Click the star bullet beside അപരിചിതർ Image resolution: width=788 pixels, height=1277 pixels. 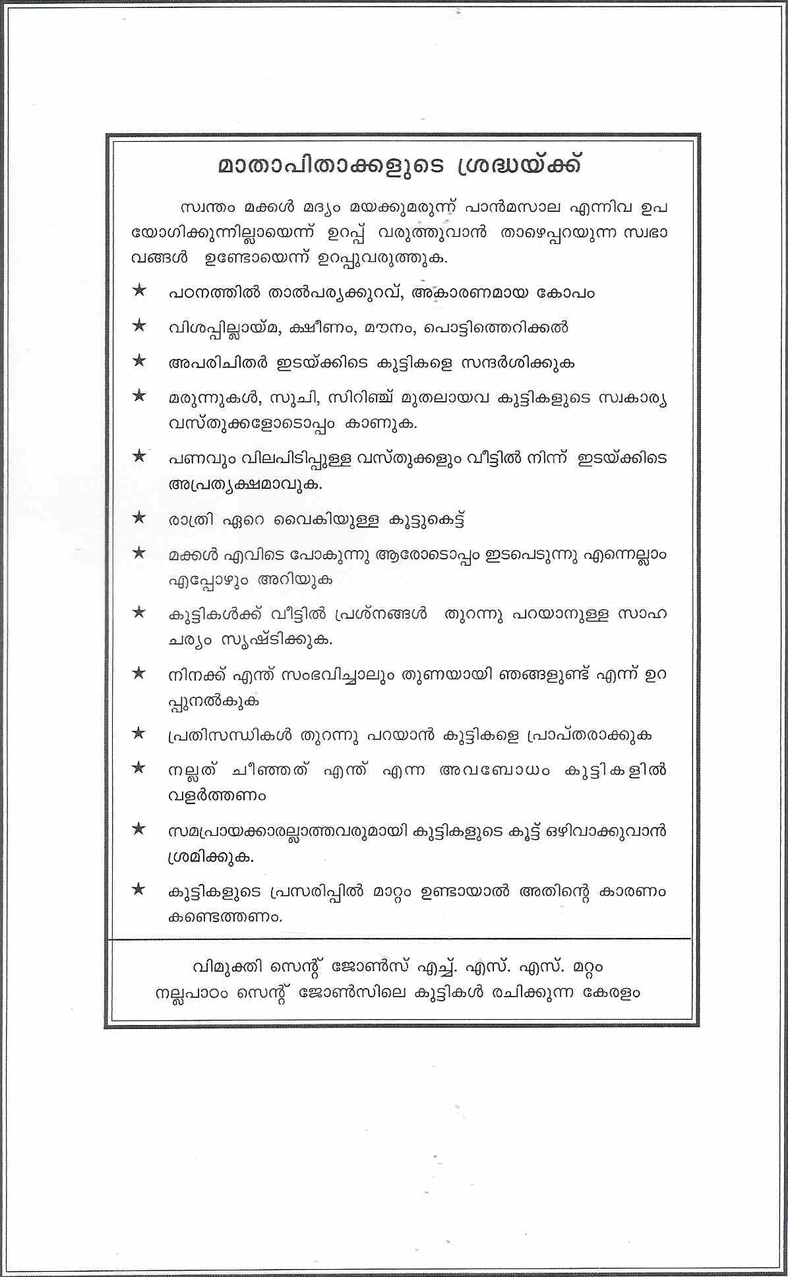pos(139,361)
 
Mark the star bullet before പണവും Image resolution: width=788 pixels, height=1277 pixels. pos(139,456)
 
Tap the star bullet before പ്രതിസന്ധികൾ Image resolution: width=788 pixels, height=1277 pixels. pos(139,733)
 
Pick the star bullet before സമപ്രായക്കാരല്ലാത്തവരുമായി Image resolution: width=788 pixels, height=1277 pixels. pos(139,829)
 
